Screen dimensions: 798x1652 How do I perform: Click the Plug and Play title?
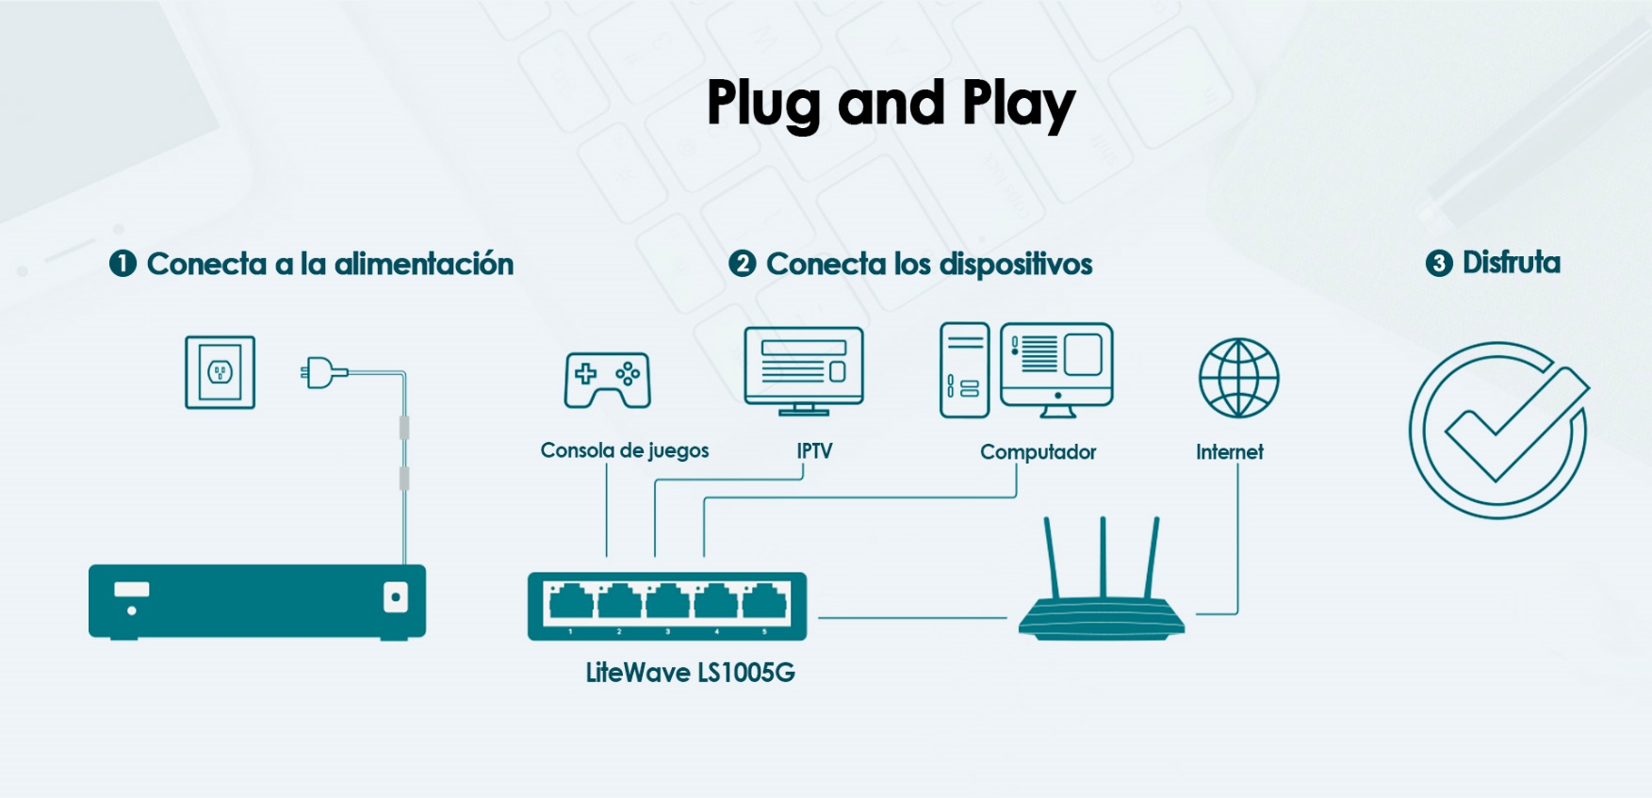[x=891, y=104]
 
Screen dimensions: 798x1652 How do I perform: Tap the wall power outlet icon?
[x=220, y=372]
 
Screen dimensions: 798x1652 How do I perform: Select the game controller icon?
[x=608, y=380]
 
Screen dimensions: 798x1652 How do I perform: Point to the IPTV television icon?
[x=803, y=370]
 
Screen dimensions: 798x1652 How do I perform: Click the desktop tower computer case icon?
[x=964, y=370]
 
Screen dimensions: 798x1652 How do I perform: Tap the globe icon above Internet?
[x=1238, y=378]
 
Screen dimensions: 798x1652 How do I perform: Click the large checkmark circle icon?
[x=1498, y=430]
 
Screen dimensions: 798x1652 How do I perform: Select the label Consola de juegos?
[x=624, y=450]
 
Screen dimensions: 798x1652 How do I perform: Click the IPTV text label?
[x=814, y=450]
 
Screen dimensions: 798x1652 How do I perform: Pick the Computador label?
[x=1038, y=452]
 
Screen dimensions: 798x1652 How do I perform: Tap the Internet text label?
[x=1229, y=452]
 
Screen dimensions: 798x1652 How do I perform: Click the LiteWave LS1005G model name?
[x=690, y=673]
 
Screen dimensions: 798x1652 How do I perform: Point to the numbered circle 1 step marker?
[x=123, y=264]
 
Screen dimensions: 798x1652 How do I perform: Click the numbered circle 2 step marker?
[x=742, y=264]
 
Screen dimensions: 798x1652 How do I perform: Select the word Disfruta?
[x=1511, y=263]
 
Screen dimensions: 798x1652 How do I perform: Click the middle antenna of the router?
[x=1103, y=556]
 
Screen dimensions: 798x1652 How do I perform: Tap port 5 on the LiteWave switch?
[x=765, y=601]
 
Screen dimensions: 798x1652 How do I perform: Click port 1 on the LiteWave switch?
[x=570, y=601]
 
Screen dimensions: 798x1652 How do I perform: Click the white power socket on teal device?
[x=396, y=597]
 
